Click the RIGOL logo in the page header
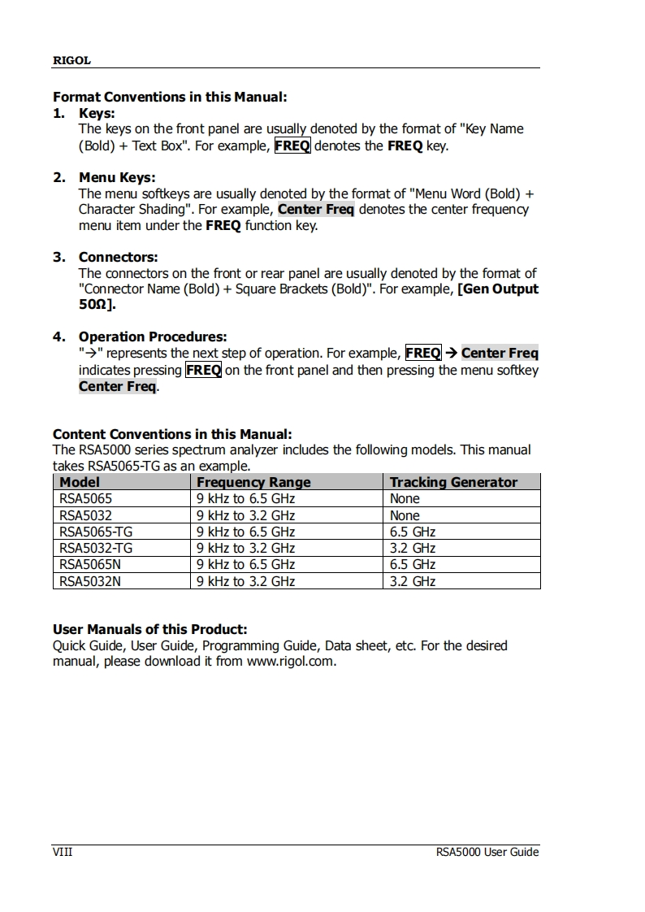[x=71, y=60]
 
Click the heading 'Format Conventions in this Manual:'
[x=170, y=97]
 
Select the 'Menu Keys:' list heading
[x=116, y=177]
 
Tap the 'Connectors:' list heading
[x=118, y=257]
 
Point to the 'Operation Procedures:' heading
[x=152, y=337]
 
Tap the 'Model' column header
[x=80, y=482]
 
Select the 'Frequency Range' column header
[x=253, y=482]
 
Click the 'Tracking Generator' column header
[x=453, y=482]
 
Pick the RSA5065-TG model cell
[x=96, y=532]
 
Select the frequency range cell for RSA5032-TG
[x=245, y=548]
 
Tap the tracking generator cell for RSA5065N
[x=413, y=564]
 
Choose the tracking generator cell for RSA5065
[x=405, y=498]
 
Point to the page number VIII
[x=63, y=852]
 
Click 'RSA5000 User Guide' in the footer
[x=487, y=852]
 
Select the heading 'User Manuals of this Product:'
[x=149, y=629]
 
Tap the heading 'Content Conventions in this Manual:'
[x=172, y=434]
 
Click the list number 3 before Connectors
[x=58, y=257]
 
